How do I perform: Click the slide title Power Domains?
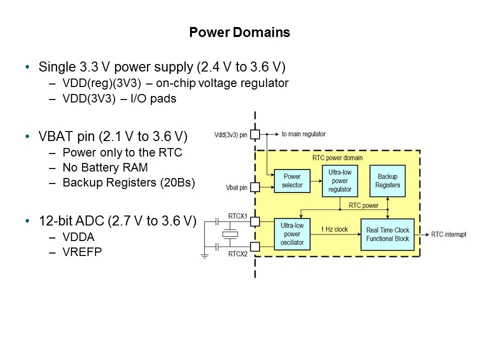tap(239, 33)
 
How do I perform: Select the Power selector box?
tap(292, 181)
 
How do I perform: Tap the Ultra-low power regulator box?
tap(340, 181)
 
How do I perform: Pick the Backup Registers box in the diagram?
tap(387, 181)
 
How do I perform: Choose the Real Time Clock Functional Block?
tap(387, 234)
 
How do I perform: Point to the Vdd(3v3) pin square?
tap(255, 134)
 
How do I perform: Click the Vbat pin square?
tap(255, 187)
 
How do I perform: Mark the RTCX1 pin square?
tap(255, 220)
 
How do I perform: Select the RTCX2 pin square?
tap(255, 246)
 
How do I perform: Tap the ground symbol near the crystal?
tap(204, 256)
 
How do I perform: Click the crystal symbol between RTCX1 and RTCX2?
tap(230, 233)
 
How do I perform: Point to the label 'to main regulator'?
tap(303, 134)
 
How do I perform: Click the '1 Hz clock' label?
tap(335, 229)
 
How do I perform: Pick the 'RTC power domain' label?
tap(337, 158)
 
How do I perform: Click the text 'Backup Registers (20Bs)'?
tap(128, 182)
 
